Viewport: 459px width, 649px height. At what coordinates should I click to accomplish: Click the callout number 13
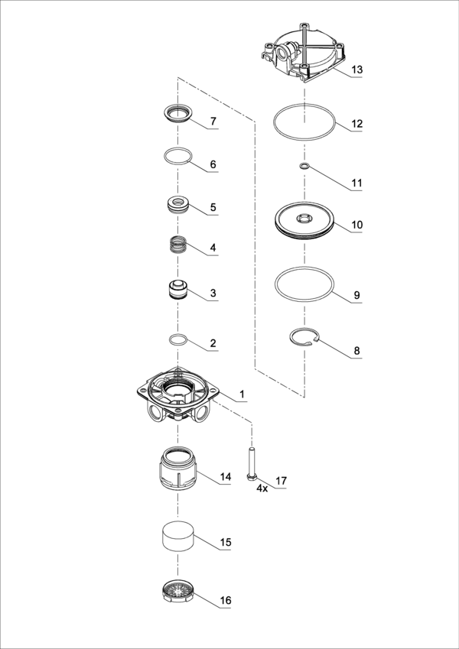[x=356, y=70]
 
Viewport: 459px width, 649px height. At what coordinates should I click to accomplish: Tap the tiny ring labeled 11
[x=304, y=167]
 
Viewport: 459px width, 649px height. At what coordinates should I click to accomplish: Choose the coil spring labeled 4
[x=178, y=245]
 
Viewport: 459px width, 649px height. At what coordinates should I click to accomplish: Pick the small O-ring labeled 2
[x=171, y=340]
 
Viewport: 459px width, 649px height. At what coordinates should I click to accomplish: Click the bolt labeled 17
[x=252, y=463]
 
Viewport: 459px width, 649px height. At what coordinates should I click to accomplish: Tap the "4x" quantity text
[x=262, y=488]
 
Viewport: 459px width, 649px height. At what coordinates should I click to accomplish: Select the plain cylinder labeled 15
[x=178, y=536]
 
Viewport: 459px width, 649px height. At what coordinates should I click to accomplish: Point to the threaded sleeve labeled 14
[x=177, y=469]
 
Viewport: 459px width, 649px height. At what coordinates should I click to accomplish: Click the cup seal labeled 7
[x=178, y=113]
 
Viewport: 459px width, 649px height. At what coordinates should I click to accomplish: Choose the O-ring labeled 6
[x=165, y=157]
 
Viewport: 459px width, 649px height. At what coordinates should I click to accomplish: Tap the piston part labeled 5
[x=178, y=206]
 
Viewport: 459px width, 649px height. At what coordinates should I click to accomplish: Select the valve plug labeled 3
[x=178, y=290]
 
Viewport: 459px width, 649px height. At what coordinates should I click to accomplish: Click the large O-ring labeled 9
[x=275, y=284]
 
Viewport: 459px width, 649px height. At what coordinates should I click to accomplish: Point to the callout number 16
[x=226, y=600]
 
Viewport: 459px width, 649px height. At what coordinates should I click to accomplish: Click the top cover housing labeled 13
[x=305, y=52]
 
